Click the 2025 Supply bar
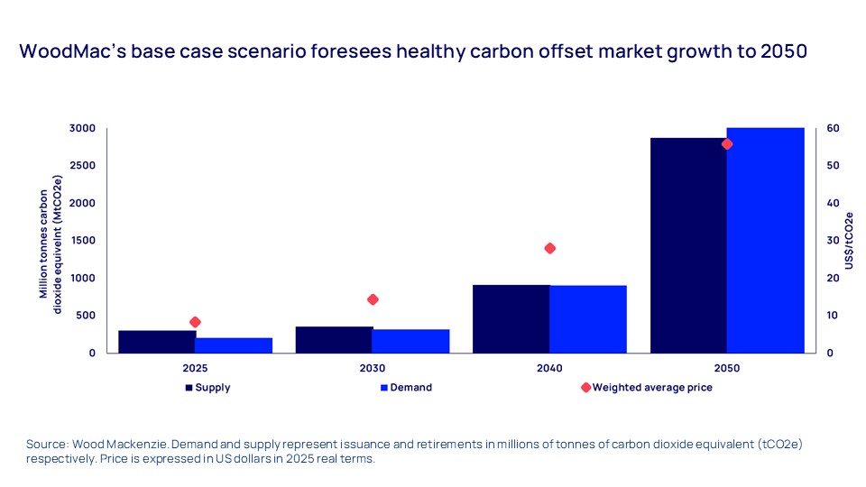tap(157, 342)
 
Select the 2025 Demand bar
tap(234, 345)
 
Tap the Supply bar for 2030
tap(334, 340)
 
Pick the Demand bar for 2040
tap(588, 319)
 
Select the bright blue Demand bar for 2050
tap(765, 240)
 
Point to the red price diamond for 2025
tap(195, 322)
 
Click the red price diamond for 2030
tap(373, 299)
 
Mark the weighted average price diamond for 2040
tap(549, 248)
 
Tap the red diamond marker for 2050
tap(727, 144)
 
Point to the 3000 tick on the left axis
tap(82, 129)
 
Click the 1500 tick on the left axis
tap(82, 241)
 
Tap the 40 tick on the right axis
tap(834, 204)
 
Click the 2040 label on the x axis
tap(549, 368)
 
